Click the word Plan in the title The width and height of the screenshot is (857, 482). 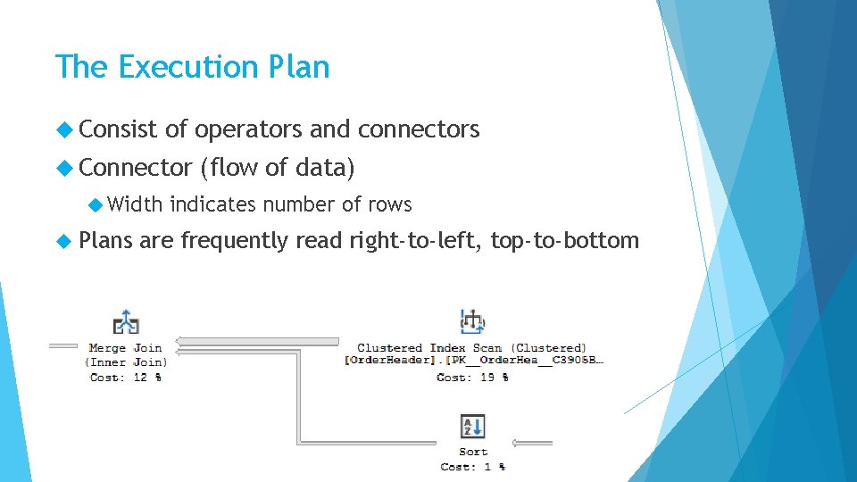click(303, 67)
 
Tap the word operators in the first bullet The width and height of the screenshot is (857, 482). click(248, 129)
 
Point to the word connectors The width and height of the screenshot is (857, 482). click(419, 129)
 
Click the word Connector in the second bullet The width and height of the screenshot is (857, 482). click(136, 167)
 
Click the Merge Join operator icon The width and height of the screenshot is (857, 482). click(126, 323)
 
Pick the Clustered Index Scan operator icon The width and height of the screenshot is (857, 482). click(471, 322)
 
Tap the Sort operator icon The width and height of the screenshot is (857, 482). click(472, 426)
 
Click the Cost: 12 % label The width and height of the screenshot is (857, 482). click(126, 378)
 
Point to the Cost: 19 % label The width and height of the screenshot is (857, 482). click(472, 378)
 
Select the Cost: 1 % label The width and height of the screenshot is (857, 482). click(472, 466)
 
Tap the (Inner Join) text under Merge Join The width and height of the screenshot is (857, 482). click(126, 362)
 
